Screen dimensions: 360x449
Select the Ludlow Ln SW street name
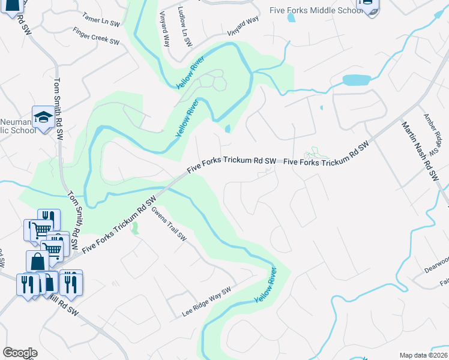(185, 27)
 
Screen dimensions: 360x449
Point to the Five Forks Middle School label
(313, 11)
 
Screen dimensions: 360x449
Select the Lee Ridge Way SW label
(207, 302)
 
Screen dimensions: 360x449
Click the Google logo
(20, 352)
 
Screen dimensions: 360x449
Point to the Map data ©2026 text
(423, 355)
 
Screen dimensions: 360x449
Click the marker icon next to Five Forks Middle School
(367, 6)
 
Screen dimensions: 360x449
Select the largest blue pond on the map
(357, 80)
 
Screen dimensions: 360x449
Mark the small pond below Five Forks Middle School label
(291, 18)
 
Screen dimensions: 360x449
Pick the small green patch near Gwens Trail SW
(134, 227)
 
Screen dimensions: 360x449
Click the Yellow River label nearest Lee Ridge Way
(265, 285)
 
